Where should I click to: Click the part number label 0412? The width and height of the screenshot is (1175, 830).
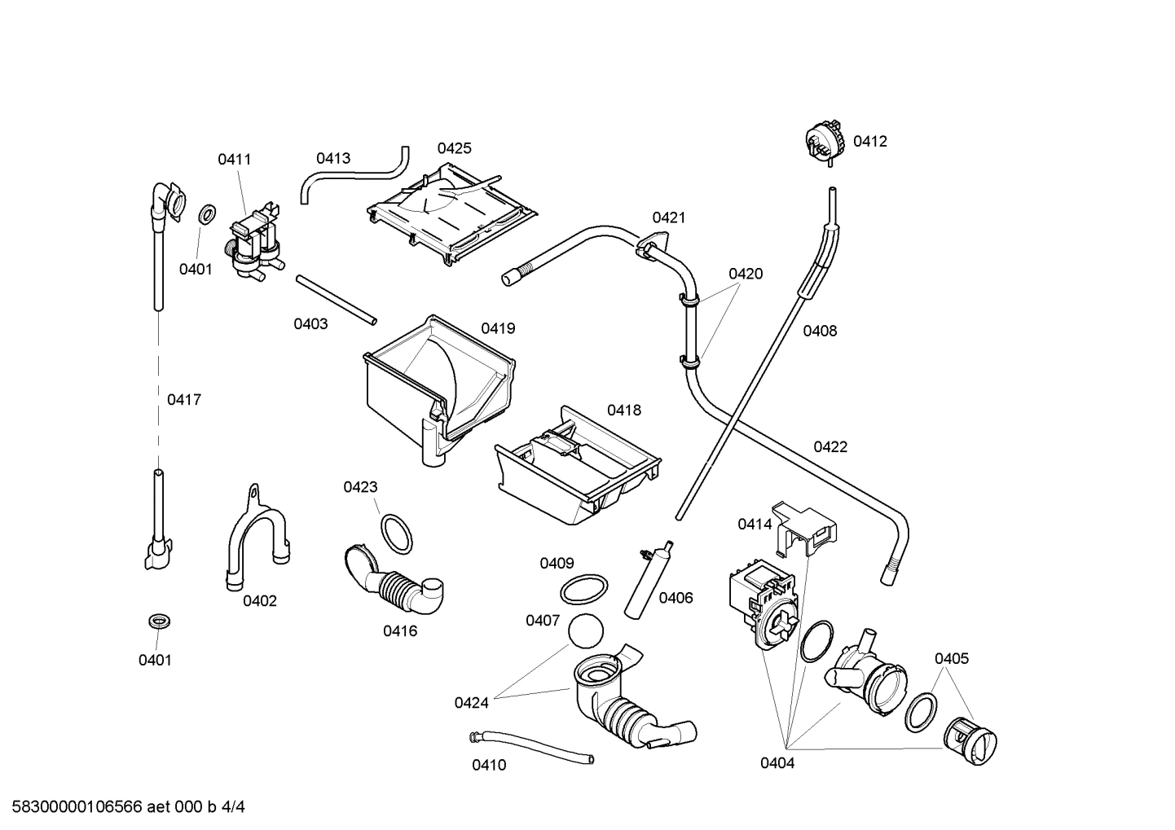coord(869,141)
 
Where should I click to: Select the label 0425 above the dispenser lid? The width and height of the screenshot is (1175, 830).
coord(454,148)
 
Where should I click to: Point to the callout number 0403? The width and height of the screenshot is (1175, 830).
coord(310,324)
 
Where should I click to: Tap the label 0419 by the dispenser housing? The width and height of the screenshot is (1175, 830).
coord(497,328)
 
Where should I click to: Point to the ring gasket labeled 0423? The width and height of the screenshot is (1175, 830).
coord(397,533)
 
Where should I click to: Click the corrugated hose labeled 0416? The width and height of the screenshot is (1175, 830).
coord(395,585)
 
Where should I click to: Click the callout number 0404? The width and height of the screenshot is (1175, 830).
coord(777,763)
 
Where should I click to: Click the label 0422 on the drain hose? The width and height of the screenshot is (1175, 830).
coord(830,446)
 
